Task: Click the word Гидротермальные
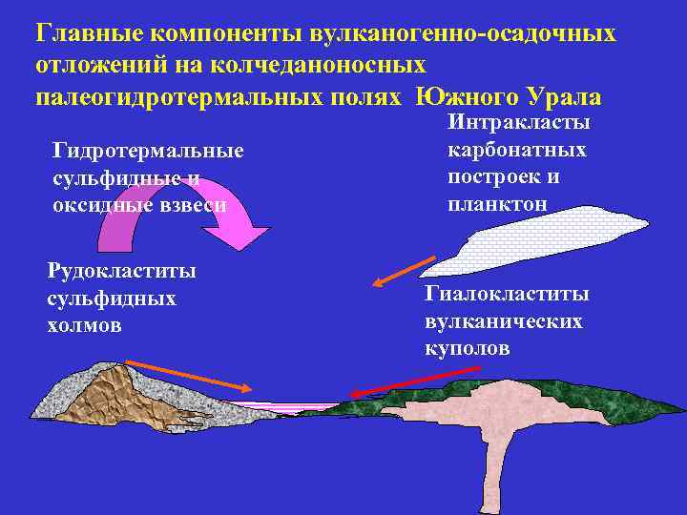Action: pyautogui.click(x=149, y=151)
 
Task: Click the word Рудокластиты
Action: pyautogui.click(x=122, y=271)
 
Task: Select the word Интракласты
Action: pyautogui.click(x=518, y=123)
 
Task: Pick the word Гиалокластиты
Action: pyautogui.click(x=507, y=295)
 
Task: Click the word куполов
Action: pyautogui.click(x=468, y=349)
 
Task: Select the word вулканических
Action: pyautogui.click(x=503, y=322)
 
